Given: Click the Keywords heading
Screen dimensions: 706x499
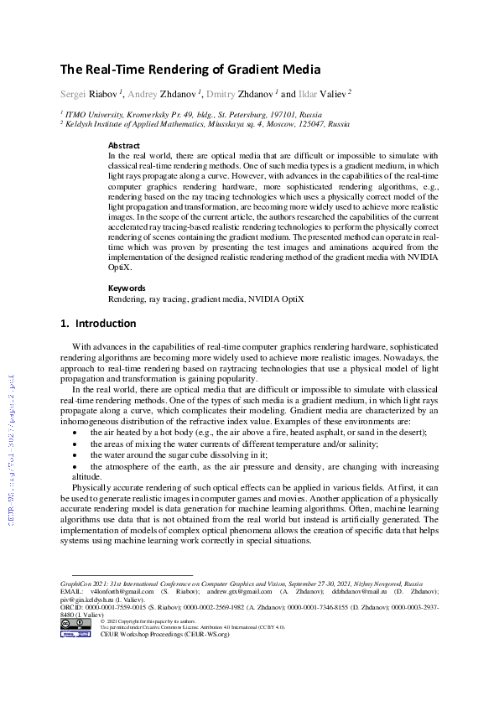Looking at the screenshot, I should [126, 288].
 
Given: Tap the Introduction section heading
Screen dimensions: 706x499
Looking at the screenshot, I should [106, 324].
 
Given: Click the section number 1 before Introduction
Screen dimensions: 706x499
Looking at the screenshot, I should [64, 324].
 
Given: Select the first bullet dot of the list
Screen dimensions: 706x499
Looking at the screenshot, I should [75, 432].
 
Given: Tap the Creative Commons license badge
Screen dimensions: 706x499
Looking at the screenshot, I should [70, 623].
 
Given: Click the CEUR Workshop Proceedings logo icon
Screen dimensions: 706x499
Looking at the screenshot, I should [70, 634].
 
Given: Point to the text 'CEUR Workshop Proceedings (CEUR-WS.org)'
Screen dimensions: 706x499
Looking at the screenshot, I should [164, 635].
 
